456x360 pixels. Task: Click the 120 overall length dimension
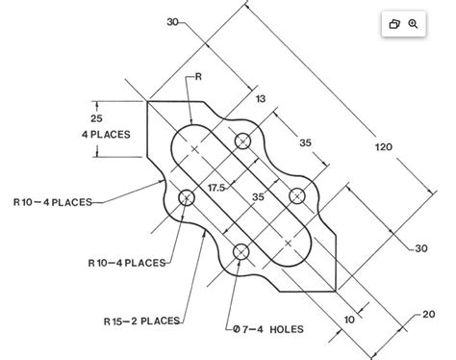[x=383, y=146]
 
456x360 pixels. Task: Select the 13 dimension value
[x=261, y=98]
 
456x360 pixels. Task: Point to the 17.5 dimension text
[x=215, y=188]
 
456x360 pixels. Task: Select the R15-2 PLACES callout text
[x=141, y=321]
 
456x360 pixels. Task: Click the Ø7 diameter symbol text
[x=240, y=329]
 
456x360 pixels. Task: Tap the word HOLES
[x=286, y=329]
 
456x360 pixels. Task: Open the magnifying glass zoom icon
[x=413, y=24]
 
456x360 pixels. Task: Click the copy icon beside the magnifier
[x=393, y=24]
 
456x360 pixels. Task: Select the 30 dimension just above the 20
[x=420, y=248]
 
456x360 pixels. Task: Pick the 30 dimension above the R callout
[x=173, y=21]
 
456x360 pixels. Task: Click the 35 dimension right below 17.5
[x=258, y=196]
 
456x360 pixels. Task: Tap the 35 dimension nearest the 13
[x=305, y=142]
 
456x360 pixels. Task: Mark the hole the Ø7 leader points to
[x=241, y=252]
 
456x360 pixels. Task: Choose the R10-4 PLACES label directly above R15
[x=126, y=262]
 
